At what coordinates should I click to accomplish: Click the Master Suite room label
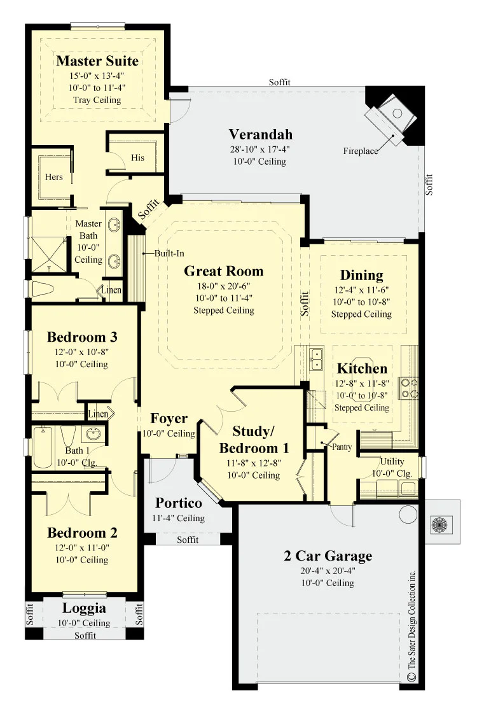(x=97, y=61)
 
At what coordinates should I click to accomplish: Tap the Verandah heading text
(x=260, y=134)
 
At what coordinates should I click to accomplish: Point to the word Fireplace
(x=361, y=151)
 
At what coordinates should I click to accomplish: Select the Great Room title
(x=223, y=271)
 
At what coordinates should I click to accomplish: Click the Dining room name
(x=361, y=275)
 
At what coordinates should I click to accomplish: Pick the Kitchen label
(x=362, y=368)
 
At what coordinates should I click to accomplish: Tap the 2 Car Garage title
(x=328, y=556)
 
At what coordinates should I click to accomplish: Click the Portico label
(x=179, y=503)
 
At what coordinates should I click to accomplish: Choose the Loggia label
(x=84, y=608)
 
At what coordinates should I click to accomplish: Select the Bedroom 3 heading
(x=82, y=337)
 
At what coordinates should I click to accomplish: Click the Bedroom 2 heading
(x=82, y=533)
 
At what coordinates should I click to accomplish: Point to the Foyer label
(x=169, y=419)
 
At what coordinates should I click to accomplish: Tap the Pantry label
(x=342, y=447)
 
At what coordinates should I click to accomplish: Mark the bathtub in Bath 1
(x=43, y=447)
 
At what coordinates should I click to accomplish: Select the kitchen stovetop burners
(x=409, y=388)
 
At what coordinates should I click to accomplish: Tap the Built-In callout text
(x=169, y=253)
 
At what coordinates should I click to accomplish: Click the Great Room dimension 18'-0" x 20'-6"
(x=223, y=286)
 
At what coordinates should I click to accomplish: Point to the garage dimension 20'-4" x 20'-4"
(x=328, y=571)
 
